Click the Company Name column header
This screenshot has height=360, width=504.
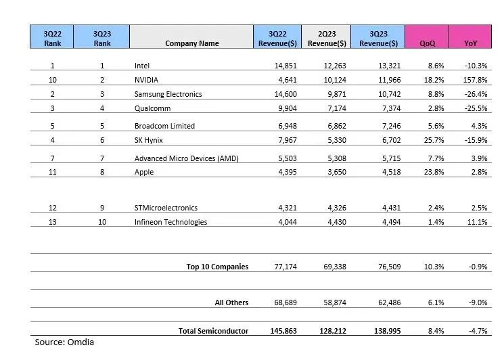coord(191,43)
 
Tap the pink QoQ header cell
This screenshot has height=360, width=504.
coord(426,43)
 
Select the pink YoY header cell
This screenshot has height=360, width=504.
coord(470,43)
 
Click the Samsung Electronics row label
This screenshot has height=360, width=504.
coord(168,94)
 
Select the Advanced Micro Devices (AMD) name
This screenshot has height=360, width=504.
coord(187,158)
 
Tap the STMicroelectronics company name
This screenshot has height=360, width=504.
coord(166,208)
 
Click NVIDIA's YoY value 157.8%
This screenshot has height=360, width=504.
coord(476,80)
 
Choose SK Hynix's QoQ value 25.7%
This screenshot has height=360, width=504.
coord(434,140)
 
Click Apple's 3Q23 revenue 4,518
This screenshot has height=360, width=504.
coord(385,172)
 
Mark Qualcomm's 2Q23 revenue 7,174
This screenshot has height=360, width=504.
coord(334,108)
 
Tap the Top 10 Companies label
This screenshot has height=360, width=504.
coord(217,267)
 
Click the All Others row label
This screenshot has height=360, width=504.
coord(231,302)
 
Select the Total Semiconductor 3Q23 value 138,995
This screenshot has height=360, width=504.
coord(382,331)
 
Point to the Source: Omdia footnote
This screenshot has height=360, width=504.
coord(64,342)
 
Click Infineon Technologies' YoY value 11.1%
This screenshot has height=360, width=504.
coord(478,222)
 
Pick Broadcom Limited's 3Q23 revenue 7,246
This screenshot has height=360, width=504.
coord(385,126)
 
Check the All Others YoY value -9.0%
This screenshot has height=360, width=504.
coord(478,302)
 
